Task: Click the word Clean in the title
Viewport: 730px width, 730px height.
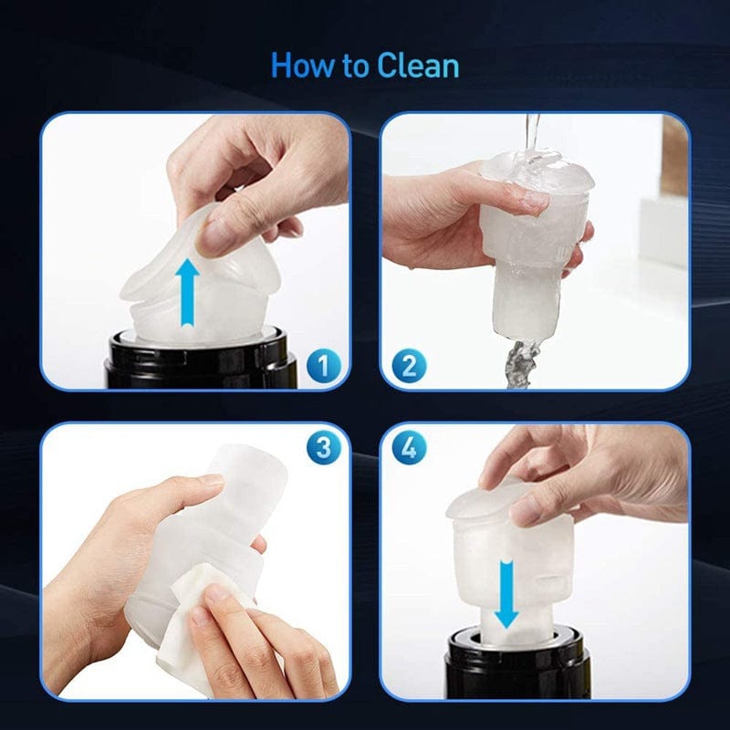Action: tap(418, 66)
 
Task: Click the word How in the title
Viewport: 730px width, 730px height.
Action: tap(303, 66)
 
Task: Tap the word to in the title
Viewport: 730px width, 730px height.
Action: tap(356, 67)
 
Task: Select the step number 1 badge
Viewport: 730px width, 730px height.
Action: tap(324, 366)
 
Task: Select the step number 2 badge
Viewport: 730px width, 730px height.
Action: tap(408, 366)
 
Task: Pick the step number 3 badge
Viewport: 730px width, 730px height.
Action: tap(324, 448)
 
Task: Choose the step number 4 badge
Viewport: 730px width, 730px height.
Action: tap(409, 448)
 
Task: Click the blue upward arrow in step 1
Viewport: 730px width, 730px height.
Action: tap(187, 292)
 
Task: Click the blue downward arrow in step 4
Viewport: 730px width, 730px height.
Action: tap(506, 595)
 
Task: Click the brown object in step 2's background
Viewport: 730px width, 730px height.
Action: tap(674, 156)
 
